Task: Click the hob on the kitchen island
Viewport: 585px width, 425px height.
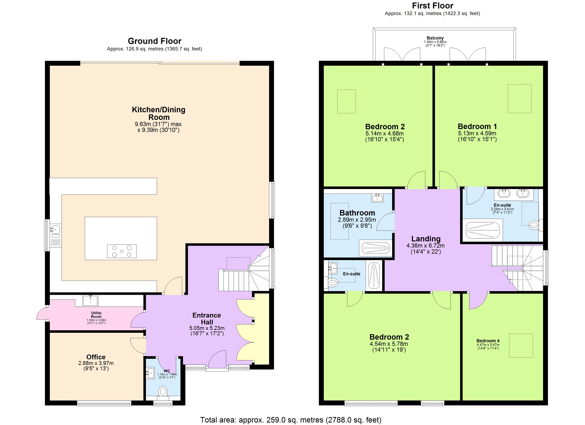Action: pyautogui.click(x=122, y=251)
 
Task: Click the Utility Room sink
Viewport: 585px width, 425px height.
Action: pyautogui.click(x=90, y=300)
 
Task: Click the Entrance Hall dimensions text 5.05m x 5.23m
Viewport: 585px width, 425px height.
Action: pyautogui.click(x=207, y=328)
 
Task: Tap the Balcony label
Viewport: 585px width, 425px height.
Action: pyautogui.click(x=435, y=38)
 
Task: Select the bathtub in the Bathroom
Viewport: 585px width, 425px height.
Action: pyautogui.click(x=376, y=248)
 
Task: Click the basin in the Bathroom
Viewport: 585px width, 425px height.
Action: pyautogui.click(x=377, y=198)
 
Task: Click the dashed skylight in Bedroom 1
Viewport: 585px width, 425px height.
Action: pyautogui.click(x=519, y=98)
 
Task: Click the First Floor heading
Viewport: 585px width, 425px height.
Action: pyautogui.click(x=433, y=5)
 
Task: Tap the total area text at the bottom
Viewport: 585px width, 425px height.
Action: pyautogui.click(x=291, y=420)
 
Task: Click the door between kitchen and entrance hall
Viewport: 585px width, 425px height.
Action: pyautogui.click(x=173, y=286)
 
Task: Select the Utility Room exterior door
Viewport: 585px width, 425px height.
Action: pyautogui.click(x=41, y=313)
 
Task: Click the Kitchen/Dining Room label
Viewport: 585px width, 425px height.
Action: pyautogui.click(x=159, y=113)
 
